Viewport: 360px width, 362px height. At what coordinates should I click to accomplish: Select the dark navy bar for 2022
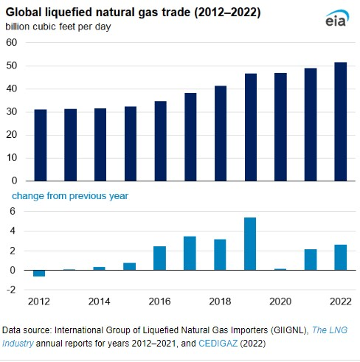tap(340, 122)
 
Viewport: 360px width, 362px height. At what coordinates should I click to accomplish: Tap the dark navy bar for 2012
tap(40, 145)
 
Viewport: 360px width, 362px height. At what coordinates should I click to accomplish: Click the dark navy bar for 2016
tap(160, 141)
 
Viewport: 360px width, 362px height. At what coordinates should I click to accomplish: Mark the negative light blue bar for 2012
tap(40, 274)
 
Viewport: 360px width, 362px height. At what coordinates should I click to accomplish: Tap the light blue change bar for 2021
tap(310, 260)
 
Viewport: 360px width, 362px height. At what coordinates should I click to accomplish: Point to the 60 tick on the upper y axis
tap(12, 43)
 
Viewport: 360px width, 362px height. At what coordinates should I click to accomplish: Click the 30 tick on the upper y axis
tap(12, 112)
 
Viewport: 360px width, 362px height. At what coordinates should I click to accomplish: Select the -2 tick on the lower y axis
tap(10, 290)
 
